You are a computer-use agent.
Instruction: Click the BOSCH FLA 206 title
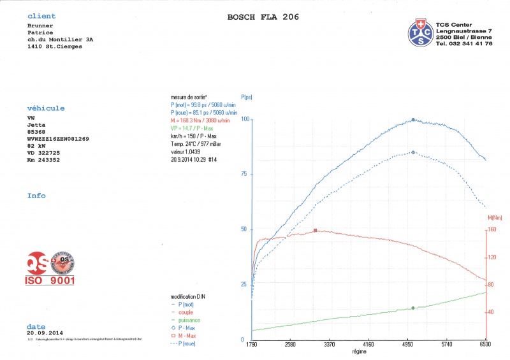(x=263, y=17)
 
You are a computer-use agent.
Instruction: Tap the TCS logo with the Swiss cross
(x=421, y=32)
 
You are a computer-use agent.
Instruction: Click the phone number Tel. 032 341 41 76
(x=465, y=43)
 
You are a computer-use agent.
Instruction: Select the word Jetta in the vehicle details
(x=36, y=126)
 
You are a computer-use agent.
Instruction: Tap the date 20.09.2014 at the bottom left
(x=46, y=333)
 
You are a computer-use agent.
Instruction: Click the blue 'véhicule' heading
(x=46, y=108)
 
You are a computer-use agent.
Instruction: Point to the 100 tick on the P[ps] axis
(x=245, y=119)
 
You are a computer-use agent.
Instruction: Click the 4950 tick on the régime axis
(x=407, y=345)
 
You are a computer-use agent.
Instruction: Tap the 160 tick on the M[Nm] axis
(x=492, y=230)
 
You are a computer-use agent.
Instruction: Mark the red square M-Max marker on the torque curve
(x=315, y=231)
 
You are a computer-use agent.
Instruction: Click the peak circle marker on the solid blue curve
(x=413, y=119)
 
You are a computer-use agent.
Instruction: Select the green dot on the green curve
(x=413, y=308)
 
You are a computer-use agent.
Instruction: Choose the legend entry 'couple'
(x=185, y=312)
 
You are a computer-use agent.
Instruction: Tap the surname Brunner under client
(x=40, y=25)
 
